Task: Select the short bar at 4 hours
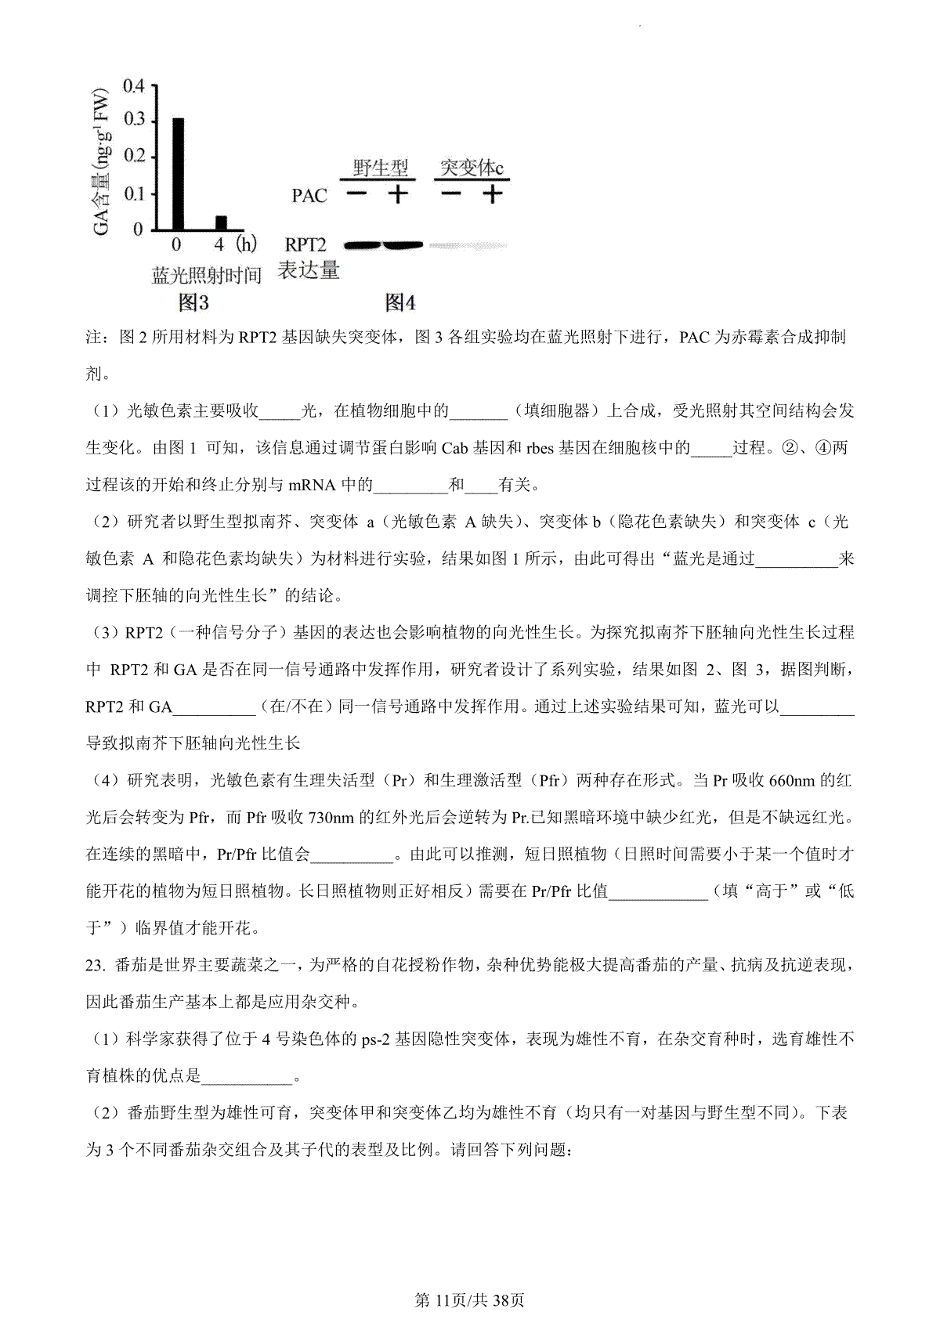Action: click(x=221, y=222)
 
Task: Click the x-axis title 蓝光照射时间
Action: click(x=206, y=276)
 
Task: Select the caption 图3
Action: click(x=193, y=302)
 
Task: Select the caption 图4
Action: click(x=399, y=302)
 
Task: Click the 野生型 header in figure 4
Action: click(x=380, y=168)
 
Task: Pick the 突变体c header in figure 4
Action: click(x=472, y=168)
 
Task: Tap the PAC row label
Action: click(x=309, y=195)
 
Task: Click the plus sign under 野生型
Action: click(x=399, y=193)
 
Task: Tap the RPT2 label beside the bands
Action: click(x=305, y=245)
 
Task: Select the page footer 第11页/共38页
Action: click(x=469, y=1300)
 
